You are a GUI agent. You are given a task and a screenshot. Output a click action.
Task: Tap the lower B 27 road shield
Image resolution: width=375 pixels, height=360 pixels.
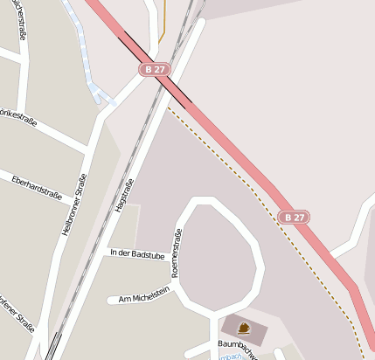pyautogui.click(x=295, y=218)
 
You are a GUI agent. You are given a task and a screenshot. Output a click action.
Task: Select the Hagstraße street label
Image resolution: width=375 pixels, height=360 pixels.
pyautogui.click(x=125, y=194)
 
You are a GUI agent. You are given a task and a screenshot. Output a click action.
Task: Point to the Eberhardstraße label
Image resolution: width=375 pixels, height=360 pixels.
pyautogui.click(x=37, y=188)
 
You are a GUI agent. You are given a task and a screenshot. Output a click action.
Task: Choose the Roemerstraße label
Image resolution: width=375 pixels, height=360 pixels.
pyautogui.click(x=177, y=253)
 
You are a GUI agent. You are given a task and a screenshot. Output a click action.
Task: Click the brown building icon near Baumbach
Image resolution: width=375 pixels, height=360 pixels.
pyautogui.click(x=243, y=329)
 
